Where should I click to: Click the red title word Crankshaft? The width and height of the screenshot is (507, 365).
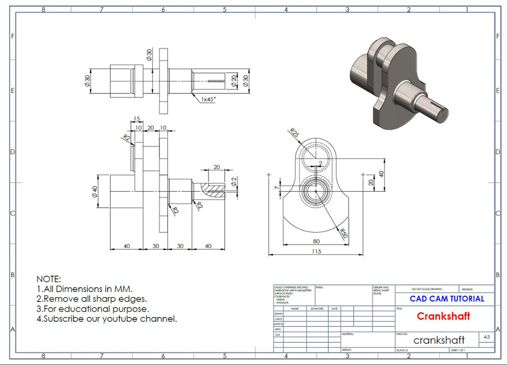click(x=443, y=316)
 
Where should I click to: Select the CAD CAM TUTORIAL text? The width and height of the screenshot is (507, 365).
click(x=447, y=298)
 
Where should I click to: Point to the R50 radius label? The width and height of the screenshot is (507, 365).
click(x=342, y=233)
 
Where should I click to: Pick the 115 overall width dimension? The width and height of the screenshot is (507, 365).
click(x=317, y=251)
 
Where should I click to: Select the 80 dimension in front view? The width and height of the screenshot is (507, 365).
click(x=317, y=241)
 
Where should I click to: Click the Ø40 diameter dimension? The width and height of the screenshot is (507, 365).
click(x=95, y=193)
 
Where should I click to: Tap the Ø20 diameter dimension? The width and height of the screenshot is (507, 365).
click(x=234, y=81)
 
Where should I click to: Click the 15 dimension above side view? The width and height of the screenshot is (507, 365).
click(x=136, y=119)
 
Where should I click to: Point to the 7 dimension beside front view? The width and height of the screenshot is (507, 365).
click(x=276, y=187)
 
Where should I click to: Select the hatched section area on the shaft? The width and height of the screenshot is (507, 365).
click(x=215, y=190)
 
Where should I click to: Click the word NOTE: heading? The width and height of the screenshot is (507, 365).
click(x=48, y=279)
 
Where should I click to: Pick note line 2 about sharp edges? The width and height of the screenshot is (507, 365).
click(x=92, y=298)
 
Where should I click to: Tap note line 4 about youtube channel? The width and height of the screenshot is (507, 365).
click(x=107, y=319)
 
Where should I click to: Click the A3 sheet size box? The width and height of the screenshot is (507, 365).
click(x=486, y=337)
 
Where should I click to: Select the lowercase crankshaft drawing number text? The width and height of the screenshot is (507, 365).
click(x=439, y=340)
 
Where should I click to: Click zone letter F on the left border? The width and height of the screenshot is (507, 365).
click(x=13, y=35)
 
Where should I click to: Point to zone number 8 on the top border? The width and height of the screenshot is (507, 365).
click(x=43, y=9)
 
